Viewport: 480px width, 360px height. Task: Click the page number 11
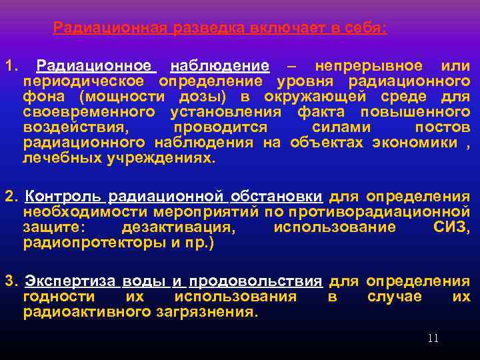[433, 339]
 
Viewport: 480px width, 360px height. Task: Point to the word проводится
[220, 127]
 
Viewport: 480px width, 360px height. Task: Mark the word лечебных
[58, 158]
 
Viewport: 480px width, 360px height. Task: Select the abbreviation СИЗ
[451, 227]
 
